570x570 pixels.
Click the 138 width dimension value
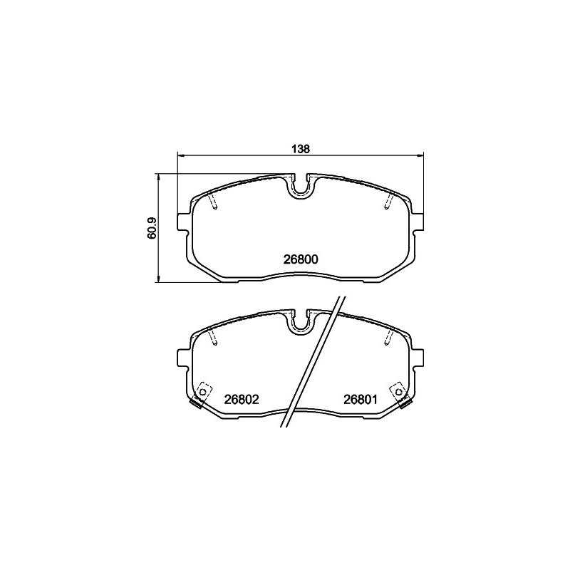point(300,149)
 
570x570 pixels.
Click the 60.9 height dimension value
point(152,228)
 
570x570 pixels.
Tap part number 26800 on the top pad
point(301,259)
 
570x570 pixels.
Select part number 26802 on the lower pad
point(242,400)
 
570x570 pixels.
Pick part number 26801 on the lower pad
point(361,400)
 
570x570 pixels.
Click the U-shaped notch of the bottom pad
point(301,323)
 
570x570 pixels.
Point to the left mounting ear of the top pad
point(183,222)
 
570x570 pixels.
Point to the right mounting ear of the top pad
point(418,222)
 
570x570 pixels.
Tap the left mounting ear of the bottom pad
point(183,358)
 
